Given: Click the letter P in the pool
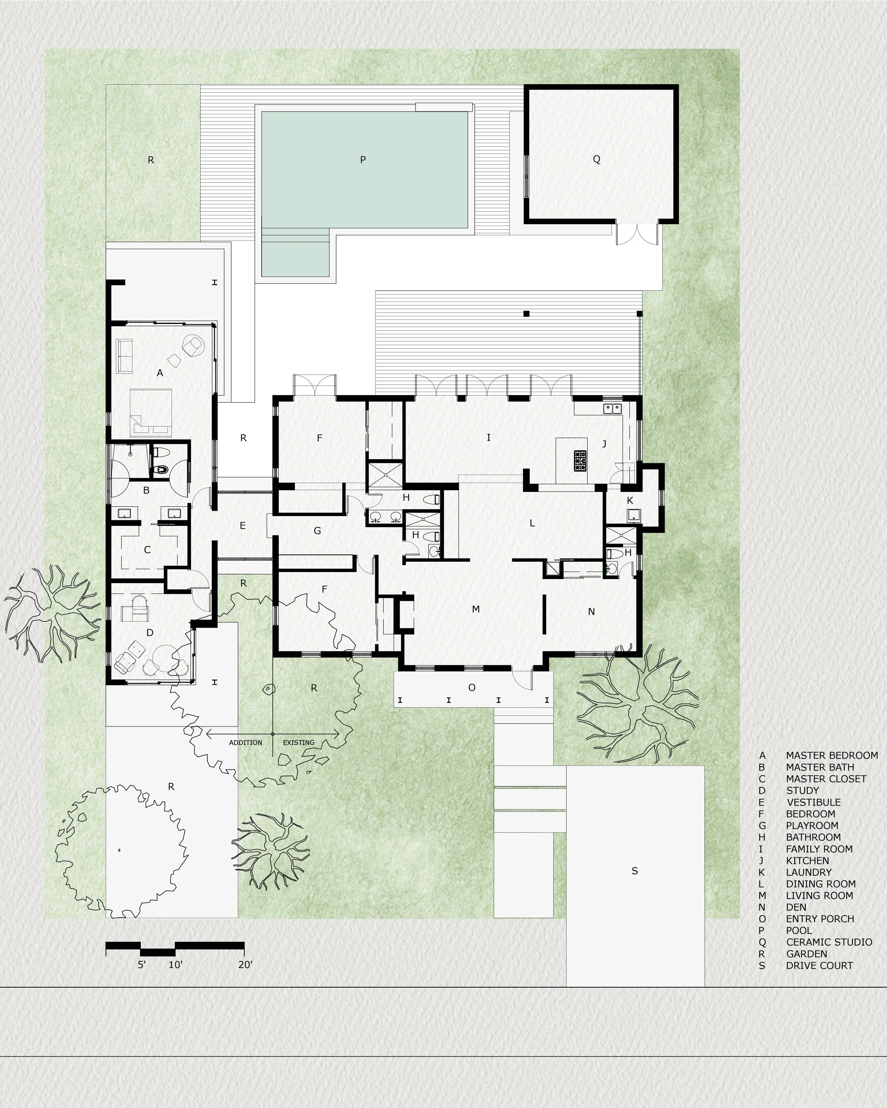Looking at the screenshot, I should tap(363, 160).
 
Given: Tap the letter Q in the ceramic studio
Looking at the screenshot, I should tap(597, 159).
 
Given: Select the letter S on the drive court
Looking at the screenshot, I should tap(635, 871).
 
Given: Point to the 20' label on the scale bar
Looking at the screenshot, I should tap(245, 965).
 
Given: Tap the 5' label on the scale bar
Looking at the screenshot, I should tap(142, 965).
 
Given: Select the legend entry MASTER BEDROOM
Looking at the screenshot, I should tap(832, 755).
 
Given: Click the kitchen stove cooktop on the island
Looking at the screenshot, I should tap(580, 461).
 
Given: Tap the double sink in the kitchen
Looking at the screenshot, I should tap(612, 408).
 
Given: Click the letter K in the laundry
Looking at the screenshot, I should tap(630, 500).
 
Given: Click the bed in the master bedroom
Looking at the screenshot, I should tap(151, 413).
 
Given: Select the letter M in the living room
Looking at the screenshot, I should tap(476, 609).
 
